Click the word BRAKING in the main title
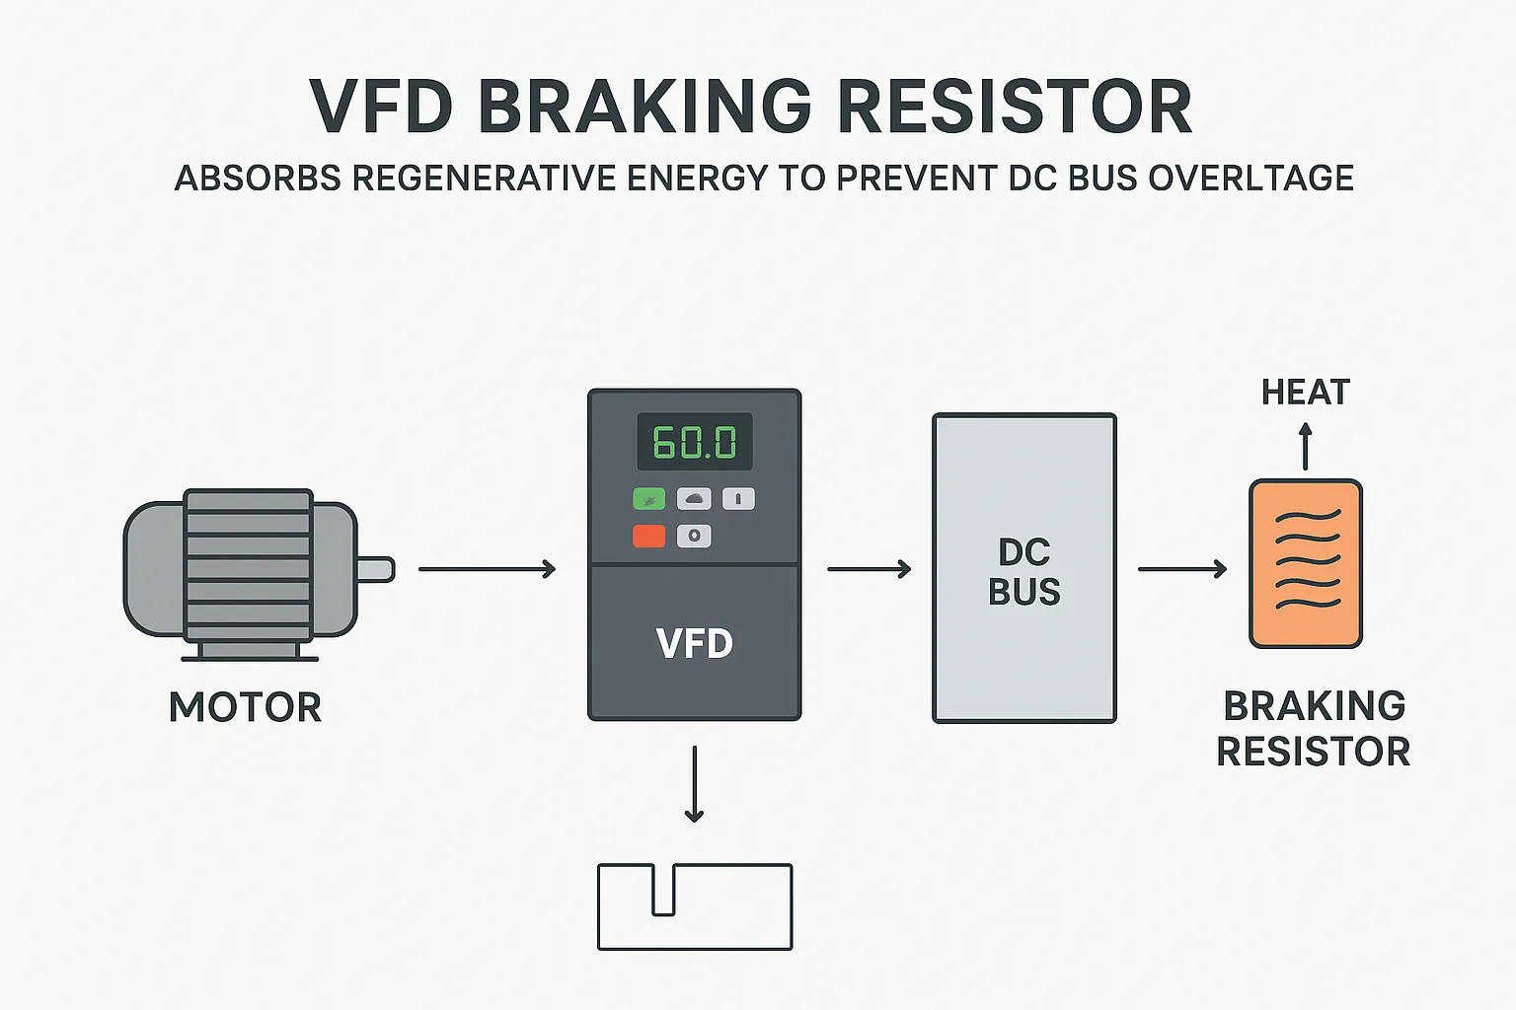tap(644, 107)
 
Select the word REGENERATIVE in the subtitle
tap(483, 179)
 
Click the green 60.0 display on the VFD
tap(695, 442)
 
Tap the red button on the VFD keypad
tap(648, 536)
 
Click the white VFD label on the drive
tap(695, 644)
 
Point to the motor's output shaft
tap(375, 569)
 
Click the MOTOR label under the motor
tap(245, 707)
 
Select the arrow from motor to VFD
tap(487, 569)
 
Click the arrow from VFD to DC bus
tap(869, 569)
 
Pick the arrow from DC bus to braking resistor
tap(1181, 569)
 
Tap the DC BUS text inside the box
tap(1024, 572)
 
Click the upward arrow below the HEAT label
tap(1306, 446)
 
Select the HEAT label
tap(1305, 393)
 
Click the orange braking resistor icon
tap(1306, 563)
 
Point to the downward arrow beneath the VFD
tap(695, 784)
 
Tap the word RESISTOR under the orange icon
tap(1313, 752)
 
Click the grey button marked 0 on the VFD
tap(694, 536)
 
